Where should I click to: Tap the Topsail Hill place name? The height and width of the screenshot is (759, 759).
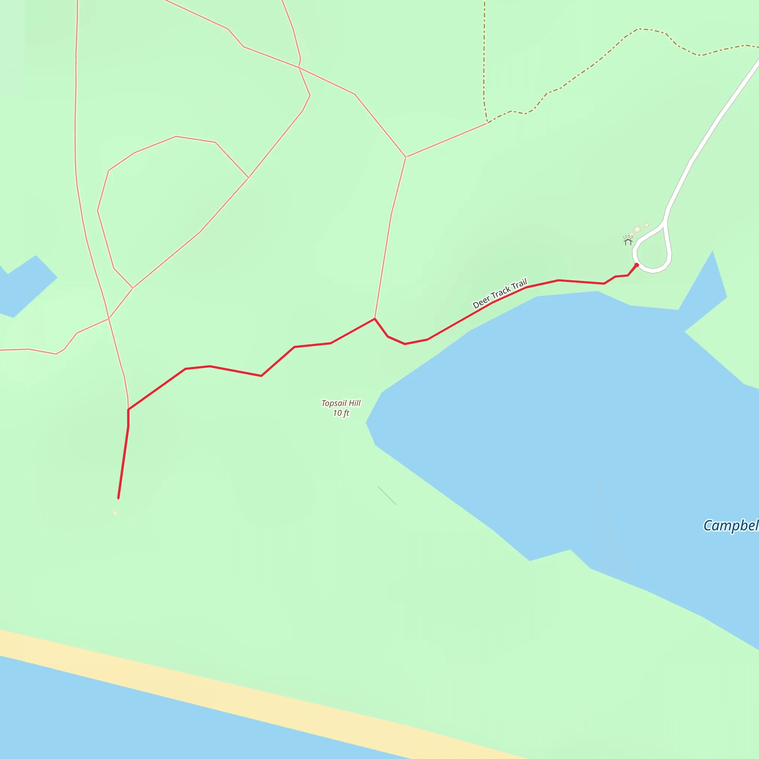click(341, 403)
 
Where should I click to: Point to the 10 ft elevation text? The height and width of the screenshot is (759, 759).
click(341, 413)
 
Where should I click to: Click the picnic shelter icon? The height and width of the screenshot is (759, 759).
click(628, 241)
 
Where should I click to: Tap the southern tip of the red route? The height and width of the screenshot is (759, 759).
click(118, 498)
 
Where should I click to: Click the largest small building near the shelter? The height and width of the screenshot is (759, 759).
click(637, 229)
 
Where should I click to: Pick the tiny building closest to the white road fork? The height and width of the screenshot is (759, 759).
click(647, 225)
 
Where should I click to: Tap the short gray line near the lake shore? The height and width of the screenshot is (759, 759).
click(387, 495)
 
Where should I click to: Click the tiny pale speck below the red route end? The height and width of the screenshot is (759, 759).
click(115, 512)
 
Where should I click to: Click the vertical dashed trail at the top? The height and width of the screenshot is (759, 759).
click(484, 51)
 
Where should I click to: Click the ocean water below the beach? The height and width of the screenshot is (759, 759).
click(157, 727)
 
